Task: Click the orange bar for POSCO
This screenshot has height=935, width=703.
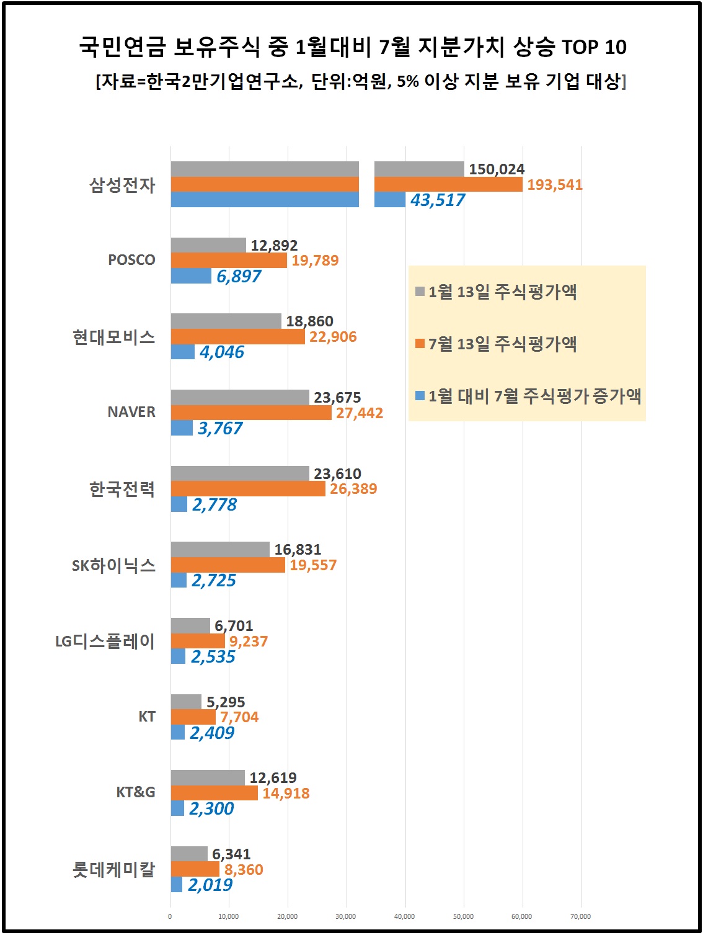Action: pyautogui.click(x=229, y=261)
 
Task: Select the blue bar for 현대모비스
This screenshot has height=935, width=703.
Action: pyautogui.click(x=183, y=352)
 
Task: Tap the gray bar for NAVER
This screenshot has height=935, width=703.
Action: pyautogui.click(x=240, y=397)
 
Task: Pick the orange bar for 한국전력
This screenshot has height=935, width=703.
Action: pyautogui.click(x=248, y=489)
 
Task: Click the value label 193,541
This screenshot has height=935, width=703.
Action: pyautogui.click(x=555, y=185)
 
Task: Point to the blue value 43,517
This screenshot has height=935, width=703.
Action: pyautogui.click(x=438, y=200)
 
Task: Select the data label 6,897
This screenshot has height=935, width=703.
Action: pyautogui.click(x=239, y=277)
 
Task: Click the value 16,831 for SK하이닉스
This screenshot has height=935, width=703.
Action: pyautogui.click(x=298, y=550)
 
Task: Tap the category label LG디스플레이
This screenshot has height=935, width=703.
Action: pyautogui.click(x=105, y=641)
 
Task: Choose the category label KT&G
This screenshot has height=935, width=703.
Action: pyautogui.click(x=136, y=792)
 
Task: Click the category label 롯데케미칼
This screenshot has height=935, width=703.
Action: pyautogui.click(x=113, y=869)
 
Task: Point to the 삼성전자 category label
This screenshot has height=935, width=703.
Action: pyautogui.click(x=122, y=185)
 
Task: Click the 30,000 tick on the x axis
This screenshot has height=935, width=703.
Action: pyautogui.click(x=346, y=916)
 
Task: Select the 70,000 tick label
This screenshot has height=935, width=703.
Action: pyautogui.click(x=581, y=916)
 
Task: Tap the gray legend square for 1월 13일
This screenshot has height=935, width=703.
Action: pyautogui.click(x=420, y=291)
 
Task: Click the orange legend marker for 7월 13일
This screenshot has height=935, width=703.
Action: pyautogui.click(x=420, y=343)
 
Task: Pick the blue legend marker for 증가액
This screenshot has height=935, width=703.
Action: pyautogui.click(x=420, y=395)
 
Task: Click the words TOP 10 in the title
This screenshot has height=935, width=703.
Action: pyautogui.click(x=594, y=47)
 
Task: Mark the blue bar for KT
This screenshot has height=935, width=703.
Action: pyautogui.click(x=178, y=732)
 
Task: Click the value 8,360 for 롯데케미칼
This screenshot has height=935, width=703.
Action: pyautogui.click(x=244, y=870)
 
